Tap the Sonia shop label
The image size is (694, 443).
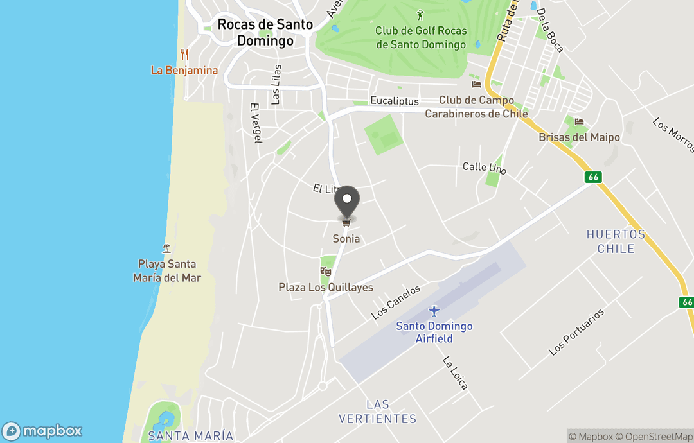tap(346, 239)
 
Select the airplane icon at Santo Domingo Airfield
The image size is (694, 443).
tap(434, 311)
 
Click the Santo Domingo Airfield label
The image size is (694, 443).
tap(434, 332)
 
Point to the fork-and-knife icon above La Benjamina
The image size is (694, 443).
tap(184, 55)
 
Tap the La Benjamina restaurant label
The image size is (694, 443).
tap(184, 71)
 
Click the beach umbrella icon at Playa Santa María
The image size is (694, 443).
tap(166, 248)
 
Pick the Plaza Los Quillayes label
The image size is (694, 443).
tap(326, 288)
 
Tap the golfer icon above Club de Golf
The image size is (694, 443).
tap(421, 14)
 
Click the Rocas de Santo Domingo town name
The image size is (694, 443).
tap(265, 32)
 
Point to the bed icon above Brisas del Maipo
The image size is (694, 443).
tap(579, 122)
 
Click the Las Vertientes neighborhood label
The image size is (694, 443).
tap(378, 412)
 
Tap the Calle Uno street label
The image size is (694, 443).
tap(485, 168)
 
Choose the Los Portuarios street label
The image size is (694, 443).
tap(576, 332)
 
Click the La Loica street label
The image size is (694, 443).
tap(455, 373)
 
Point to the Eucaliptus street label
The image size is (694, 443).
tap(395, 101)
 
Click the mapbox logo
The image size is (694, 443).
tap(42, 431)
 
